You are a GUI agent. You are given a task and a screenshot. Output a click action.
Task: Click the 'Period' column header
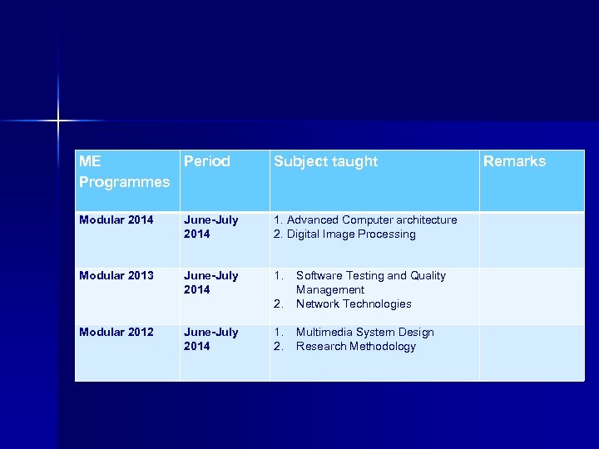[206, 161]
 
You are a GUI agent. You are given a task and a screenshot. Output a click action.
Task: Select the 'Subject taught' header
[325, 161]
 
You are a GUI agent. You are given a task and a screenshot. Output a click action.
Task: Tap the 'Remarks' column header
[514, 161]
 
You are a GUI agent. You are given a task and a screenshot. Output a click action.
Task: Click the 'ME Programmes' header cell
[124, 171]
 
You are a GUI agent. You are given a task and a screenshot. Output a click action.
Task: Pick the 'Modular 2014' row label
[116, 220]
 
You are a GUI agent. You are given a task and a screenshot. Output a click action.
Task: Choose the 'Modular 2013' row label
[116, 276]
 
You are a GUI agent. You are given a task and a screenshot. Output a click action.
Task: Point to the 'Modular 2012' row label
[116, 333]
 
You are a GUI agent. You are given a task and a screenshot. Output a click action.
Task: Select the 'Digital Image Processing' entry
[350, 234]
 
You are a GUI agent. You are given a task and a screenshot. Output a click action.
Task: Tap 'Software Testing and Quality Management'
[370, 283]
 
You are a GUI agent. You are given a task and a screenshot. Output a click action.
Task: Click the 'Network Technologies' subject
[354, 304]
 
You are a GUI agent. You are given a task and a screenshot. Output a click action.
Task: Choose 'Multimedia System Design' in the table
[364, 333]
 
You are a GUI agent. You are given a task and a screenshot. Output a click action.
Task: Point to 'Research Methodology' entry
[355, 347]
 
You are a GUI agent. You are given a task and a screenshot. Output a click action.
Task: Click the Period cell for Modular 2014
[210, 227]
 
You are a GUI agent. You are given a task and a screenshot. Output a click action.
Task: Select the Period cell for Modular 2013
[210, 283]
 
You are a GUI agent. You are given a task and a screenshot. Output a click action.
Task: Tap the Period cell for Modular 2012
[210, 339]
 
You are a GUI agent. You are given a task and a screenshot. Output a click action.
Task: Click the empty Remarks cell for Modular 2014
[532, 239]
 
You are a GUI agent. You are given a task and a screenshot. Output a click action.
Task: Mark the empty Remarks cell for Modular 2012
[532, 352]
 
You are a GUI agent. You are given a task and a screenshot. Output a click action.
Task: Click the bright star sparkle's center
[58, 121]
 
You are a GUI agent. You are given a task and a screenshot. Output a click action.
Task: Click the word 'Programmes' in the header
[124, 181]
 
